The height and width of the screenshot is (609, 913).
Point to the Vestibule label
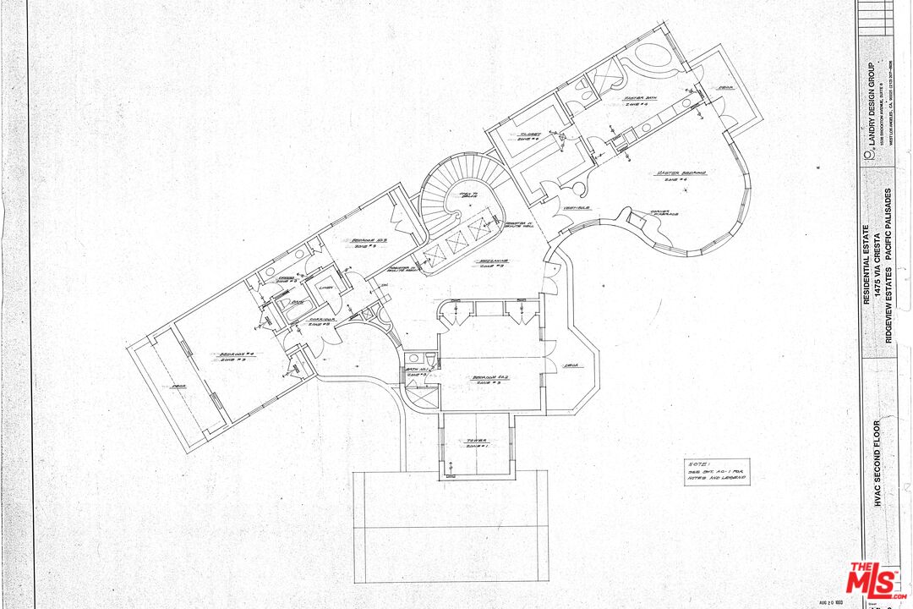click(578, 207)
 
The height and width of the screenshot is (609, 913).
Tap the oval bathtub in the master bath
click(651, 58)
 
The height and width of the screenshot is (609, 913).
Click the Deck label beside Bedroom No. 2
click(571, 365)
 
